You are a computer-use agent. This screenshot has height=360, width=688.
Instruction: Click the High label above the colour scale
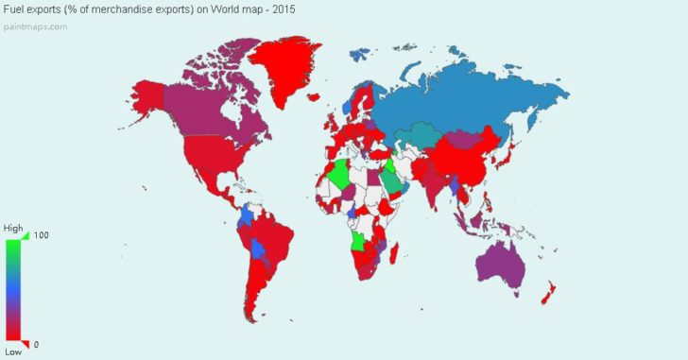12,228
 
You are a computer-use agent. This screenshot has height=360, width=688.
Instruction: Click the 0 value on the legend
36,344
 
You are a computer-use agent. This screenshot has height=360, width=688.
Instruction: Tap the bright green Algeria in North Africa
341,176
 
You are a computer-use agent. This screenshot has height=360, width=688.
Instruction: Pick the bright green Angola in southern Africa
359,245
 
